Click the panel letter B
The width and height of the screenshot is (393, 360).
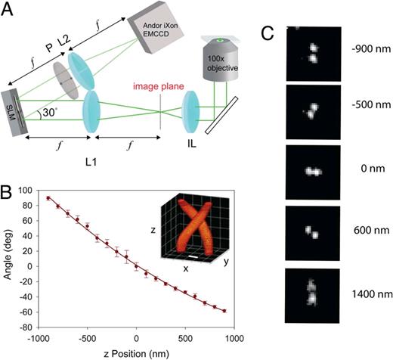click(9, 179)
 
